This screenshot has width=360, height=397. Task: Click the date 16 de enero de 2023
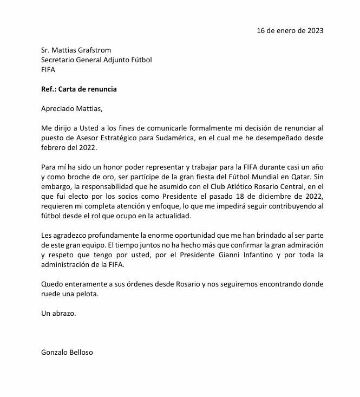290,30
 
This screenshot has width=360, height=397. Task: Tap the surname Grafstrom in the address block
93,50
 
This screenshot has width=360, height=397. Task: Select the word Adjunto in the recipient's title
117,60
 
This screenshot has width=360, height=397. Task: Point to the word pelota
86,294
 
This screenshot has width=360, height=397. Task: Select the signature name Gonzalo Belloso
67,352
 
